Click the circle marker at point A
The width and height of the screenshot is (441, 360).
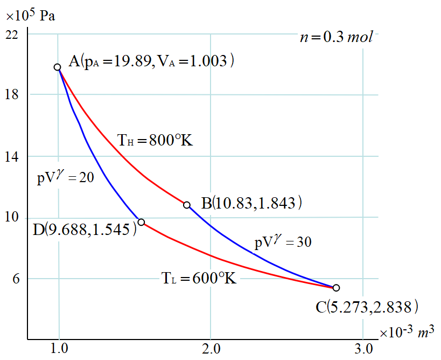pos(57,67)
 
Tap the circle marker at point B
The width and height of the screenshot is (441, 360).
pos(187,205)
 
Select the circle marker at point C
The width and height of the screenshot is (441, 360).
pos(337,288)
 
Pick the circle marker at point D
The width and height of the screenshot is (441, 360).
pos(141,222)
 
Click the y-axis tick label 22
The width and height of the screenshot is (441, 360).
pos(12,35)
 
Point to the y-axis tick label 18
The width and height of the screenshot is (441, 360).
pos(12,95)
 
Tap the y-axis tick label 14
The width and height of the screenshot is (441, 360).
pos(12,157)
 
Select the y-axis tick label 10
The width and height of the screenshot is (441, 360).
pos(12,218)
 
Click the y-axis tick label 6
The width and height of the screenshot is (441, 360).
pos(15,279)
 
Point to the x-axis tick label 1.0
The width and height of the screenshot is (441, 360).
pos(59,349)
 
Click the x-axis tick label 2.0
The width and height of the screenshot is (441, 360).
pos(211,349)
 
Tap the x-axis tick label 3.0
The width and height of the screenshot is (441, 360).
pos(363,349)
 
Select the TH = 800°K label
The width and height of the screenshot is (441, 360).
pos(155,142)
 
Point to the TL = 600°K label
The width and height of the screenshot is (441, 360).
pos(199,279)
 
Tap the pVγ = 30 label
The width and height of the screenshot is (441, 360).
pos(283,242)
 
